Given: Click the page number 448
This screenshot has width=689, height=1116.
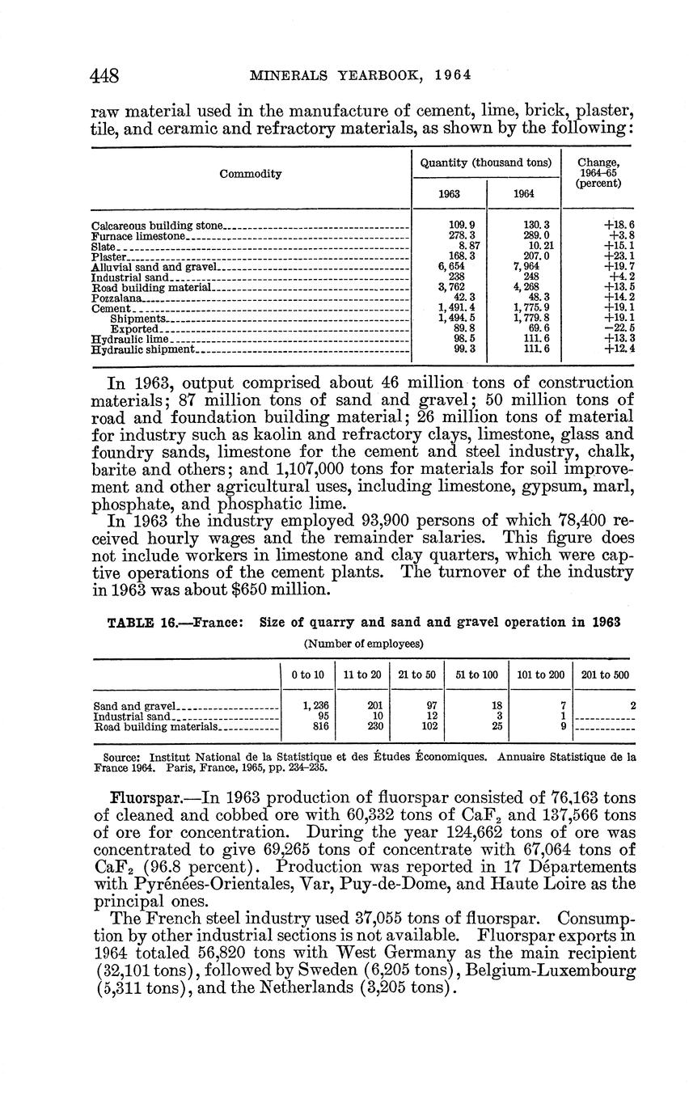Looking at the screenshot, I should pos(106,75).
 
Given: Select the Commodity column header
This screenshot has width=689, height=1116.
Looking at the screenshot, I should pos(250,174).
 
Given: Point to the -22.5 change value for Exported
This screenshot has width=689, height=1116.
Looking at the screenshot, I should pos(619,329).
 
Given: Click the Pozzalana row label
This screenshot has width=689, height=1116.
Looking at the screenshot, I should pos(112,298).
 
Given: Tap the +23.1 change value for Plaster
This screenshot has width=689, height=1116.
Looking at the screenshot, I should pos(619,256).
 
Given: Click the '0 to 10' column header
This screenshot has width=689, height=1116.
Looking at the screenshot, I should pos(307,674).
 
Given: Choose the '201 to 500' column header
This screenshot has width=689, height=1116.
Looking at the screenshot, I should pos(603,674).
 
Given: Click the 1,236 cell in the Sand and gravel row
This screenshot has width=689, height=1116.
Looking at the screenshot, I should pos(312,706).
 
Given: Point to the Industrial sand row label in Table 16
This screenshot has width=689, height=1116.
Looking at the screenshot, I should pos(131,717).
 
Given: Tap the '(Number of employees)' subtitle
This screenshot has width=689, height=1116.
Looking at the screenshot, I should pos(363,644).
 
